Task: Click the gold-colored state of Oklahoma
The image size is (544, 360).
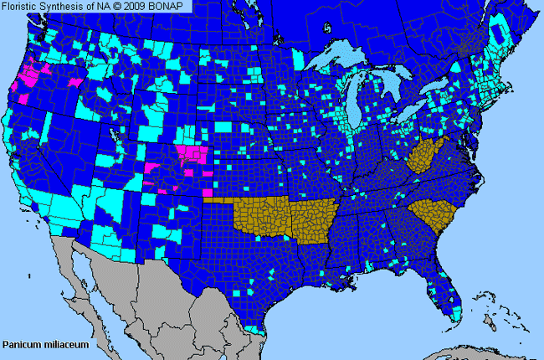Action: coord(259,213)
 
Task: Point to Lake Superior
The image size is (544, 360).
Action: coord(335,60)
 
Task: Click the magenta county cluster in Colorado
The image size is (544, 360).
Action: coord(194,154)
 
